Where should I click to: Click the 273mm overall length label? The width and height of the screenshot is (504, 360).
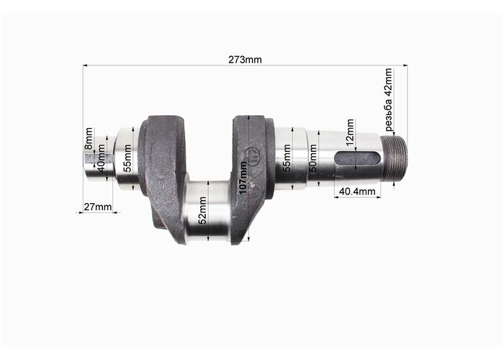pos(245,60)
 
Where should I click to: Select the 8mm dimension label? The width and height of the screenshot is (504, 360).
pos(89,138)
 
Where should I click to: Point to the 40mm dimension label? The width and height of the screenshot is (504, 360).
pos(101,158)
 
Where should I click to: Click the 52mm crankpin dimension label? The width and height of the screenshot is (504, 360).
pos(202,210)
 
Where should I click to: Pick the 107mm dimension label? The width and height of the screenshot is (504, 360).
pos(244,178)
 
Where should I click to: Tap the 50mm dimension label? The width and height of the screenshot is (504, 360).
pos(312,158)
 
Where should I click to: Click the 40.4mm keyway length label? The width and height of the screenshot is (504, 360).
pos(357,192)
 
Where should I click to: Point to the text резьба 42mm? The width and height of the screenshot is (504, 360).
pos(389,99)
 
